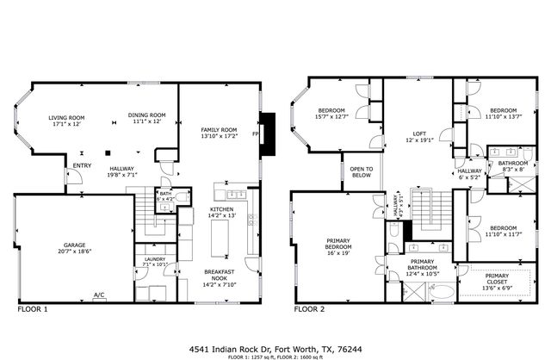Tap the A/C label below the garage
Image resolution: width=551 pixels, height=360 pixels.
coord(99,295)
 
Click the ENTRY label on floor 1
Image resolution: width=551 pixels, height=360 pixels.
coord(83,165)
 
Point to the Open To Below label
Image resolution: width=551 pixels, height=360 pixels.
coord(361,171)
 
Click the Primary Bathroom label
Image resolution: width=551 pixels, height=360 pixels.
coord(421,265)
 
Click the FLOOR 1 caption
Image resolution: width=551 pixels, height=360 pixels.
coord(32,307)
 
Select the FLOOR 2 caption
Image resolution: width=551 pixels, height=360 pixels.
coord(309,307)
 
